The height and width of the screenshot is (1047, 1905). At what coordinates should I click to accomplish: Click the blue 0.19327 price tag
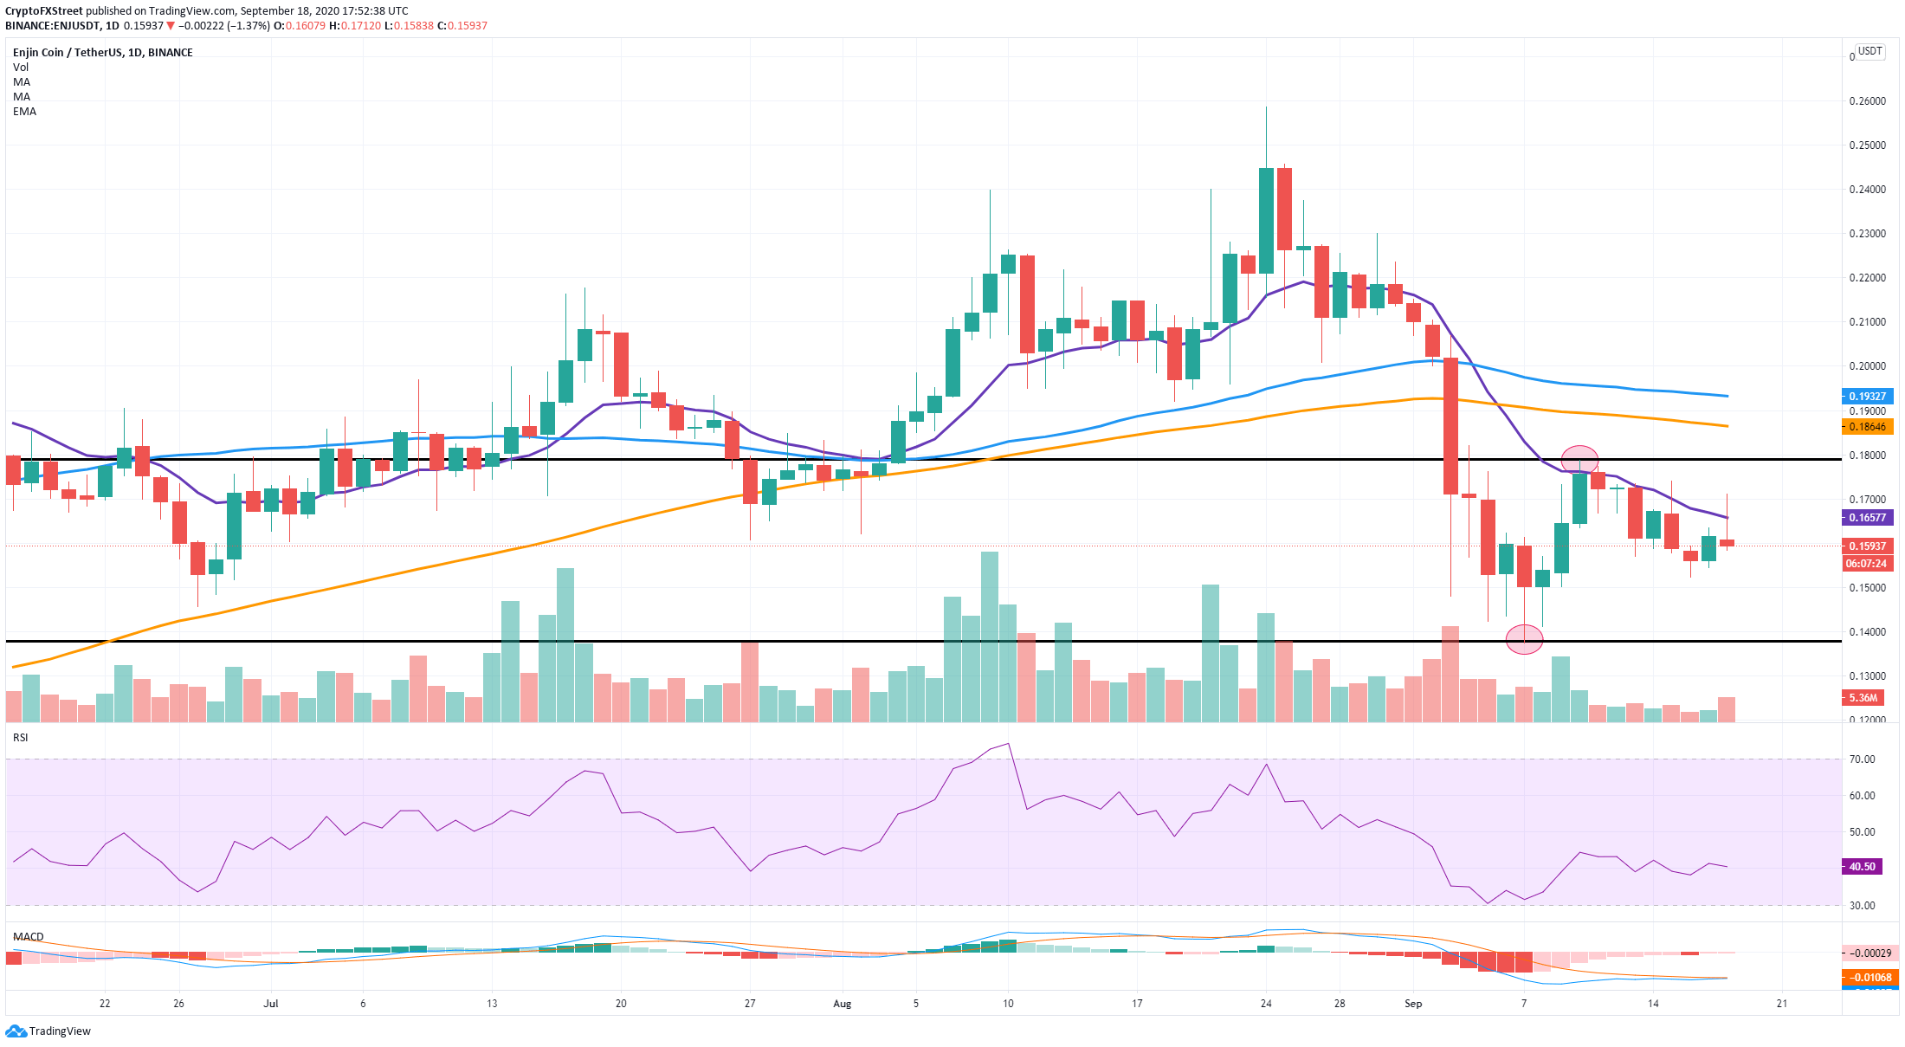[x=1867, y=396]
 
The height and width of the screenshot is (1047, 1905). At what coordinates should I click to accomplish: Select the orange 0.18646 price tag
[x=1867, y=426]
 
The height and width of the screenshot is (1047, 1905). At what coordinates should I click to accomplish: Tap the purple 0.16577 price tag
[x=1867, y=518]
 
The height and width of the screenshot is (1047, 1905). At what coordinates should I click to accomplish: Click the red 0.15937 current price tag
[x=1867, y=546]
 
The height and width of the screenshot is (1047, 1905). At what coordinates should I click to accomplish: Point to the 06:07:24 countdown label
[x=1866, y=564]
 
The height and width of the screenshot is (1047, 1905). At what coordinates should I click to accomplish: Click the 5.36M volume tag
[x=1863, y=697]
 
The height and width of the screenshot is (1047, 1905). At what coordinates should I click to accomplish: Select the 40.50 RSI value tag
[x=1862, y=866]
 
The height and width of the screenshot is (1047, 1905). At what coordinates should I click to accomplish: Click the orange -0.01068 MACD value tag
[x=1869, y=978]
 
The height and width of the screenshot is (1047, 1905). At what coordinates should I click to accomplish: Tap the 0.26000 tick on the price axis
[x=1867, y=101]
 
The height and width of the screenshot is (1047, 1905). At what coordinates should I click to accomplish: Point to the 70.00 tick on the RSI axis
[x=1862, y=759]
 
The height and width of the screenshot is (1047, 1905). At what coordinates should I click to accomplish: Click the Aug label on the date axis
[x=842, y=1004]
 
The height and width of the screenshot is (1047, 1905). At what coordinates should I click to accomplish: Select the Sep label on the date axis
[x=1413, y=1004]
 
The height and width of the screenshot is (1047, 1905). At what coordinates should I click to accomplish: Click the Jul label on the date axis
[x=271, y=1004]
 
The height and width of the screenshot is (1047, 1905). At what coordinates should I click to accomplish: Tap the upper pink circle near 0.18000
[x=1579, y=459]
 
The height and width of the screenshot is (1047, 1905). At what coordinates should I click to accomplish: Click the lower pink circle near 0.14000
[x=1524, y=639]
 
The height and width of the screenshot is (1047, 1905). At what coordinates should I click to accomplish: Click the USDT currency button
[x=1870, y=51]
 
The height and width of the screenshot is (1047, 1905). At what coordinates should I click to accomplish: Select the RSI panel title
[x=21, y=738]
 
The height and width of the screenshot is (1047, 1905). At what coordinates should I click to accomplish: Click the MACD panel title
[x=29, y=937]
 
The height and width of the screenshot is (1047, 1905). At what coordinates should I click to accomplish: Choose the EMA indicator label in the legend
[x=24, y=112]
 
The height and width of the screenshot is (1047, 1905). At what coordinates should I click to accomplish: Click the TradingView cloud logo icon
[x=16, y=1031]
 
